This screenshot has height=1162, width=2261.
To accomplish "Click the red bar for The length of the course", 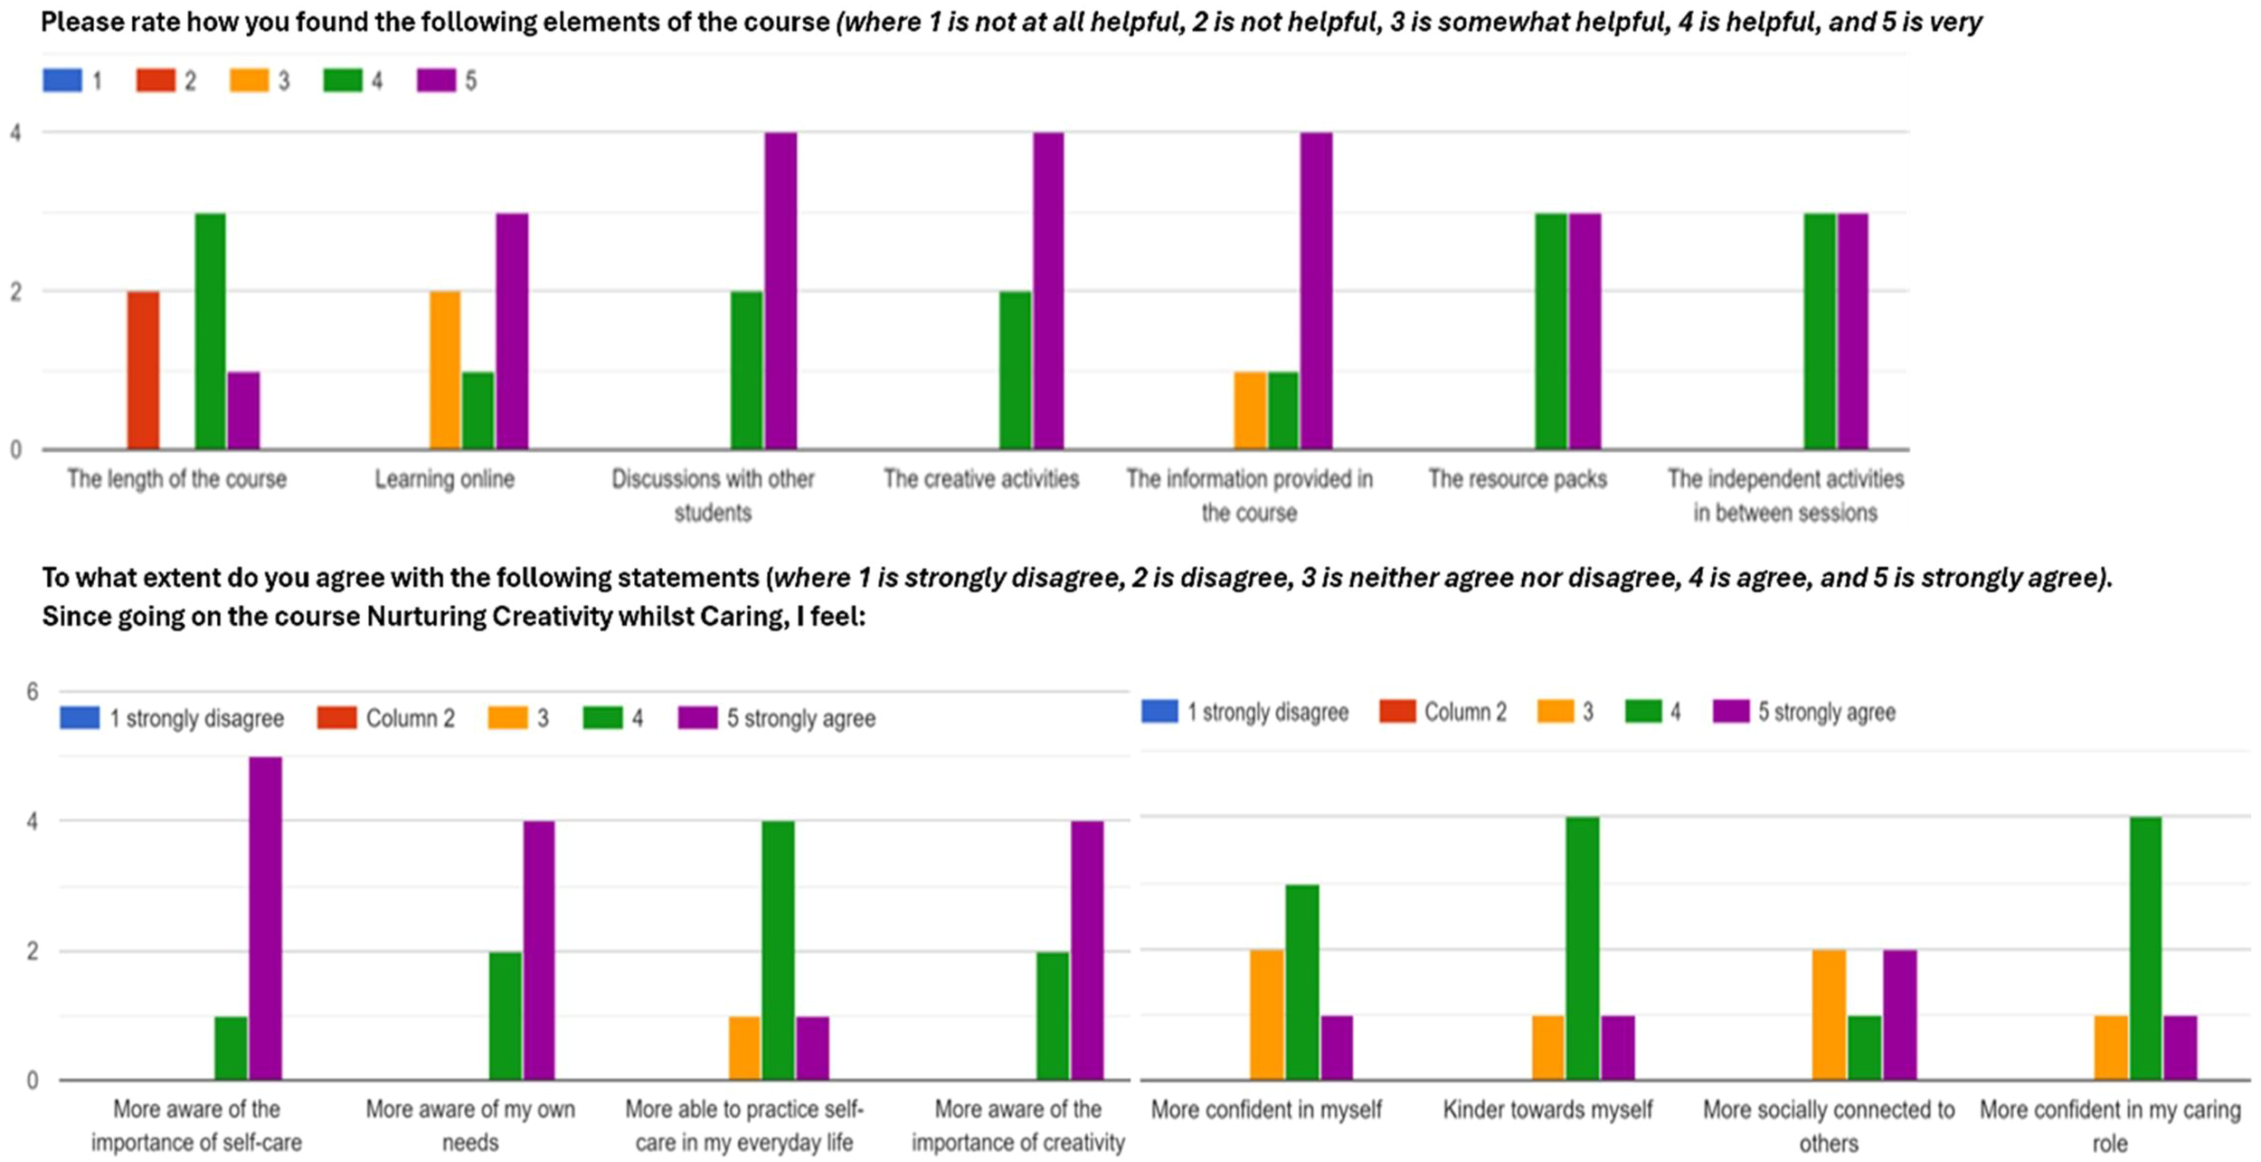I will pos(143,370).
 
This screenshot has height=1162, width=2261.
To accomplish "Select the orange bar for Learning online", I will pos(444,370).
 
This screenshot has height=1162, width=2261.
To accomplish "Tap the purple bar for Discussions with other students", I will pos(780,290).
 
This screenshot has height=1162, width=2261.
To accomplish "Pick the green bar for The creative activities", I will pos(1015,370).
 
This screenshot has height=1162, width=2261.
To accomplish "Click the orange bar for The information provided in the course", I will pos(1250,410).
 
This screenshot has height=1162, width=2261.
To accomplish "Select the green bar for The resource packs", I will pos(1551,330).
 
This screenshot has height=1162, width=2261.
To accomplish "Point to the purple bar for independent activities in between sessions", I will pos(1853,330).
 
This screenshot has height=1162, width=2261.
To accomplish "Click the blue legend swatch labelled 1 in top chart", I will pos(61,80).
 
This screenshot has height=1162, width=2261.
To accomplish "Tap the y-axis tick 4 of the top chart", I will pos(15,133).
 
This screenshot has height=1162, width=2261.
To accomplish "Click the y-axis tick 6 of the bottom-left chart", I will pos(33,693).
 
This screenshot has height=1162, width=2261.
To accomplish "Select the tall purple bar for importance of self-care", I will pos(265,918).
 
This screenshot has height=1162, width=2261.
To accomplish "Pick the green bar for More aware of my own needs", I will pos(505,1016).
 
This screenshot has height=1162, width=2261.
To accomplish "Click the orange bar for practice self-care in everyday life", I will pos(743,1048).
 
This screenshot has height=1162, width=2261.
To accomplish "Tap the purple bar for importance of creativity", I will pos(1087,950).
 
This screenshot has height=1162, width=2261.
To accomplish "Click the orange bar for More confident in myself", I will pos(1266,1015).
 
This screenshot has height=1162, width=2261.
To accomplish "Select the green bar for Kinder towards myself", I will pos(1583,949).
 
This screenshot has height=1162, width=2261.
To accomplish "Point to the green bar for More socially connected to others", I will pos(1864,1047).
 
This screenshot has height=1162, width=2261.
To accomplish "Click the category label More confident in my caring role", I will pos(2109,1125).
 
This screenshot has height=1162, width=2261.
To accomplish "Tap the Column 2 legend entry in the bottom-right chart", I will pos(1443,713).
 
